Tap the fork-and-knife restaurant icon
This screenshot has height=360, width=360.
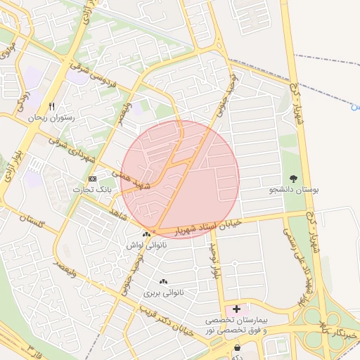pos(51,105)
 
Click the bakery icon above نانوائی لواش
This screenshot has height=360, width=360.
pos(146,234)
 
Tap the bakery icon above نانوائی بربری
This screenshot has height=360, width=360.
pos(164,280)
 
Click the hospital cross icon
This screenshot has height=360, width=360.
pos(236,309)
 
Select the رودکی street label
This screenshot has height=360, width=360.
pos(22,101)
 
